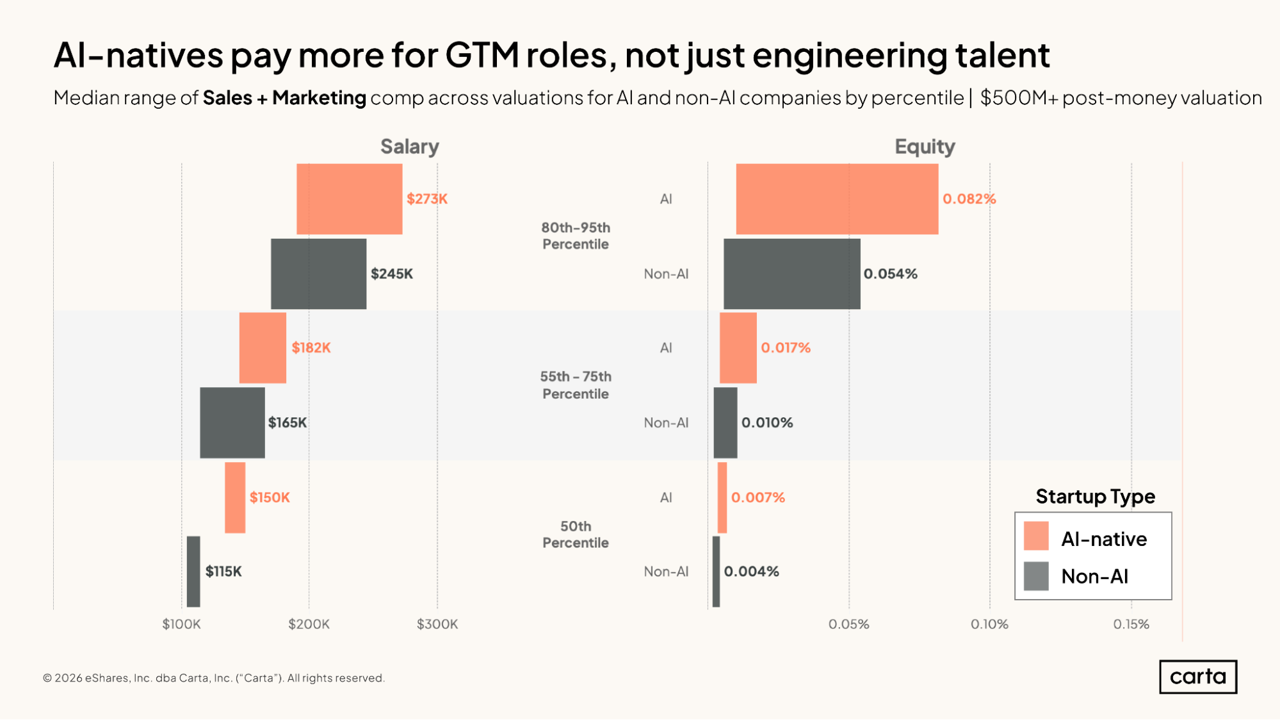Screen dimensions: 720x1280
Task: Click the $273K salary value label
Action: (427, 199)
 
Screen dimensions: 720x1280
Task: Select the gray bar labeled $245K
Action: (318, 274)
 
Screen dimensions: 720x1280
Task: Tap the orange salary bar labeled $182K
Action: (263, 348)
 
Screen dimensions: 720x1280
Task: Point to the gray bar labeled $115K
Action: (193, 572)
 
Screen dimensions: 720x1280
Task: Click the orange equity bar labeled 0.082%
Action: (837, 199)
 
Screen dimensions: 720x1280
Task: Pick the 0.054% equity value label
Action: (890, 274)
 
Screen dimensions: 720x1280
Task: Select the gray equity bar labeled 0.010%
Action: (725, 422)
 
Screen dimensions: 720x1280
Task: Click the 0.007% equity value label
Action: (757, 497)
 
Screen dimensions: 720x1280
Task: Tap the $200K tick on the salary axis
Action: (309, 624)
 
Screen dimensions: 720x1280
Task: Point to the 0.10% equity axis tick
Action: (989, 624)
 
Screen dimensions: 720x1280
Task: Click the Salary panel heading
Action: (410, 147)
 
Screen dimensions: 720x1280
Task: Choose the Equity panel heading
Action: (925, 147)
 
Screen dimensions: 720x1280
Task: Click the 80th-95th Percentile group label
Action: (576, 236)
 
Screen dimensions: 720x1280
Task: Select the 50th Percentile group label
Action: (576, 534)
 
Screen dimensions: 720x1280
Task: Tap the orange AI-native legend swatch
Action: (1036, 536)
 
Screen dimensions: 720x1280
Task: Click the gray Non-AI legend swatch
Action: (1036, 576)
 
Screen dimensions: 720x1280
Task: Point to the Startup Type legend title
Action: (1095, 497)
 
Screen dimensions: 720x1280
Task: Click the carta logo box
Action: (1197, 676)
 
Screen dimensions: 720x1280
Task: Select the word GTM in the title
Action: (482, 55)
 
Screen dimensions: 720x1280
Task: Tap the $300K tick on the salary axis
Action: (437, 624)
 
